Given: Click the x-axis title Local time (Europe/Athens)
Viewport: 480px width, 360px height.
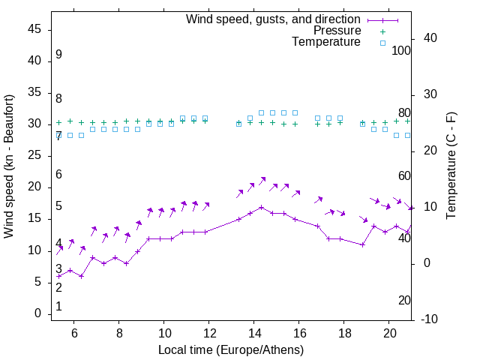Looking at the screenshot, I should (x=231, y=350).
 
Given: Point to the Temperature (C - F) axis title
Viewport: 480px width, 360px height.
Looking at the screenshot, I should (x=451, y=166).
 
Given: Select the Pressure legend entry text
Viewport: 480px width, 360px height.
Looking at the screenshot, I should (x=337, y=31).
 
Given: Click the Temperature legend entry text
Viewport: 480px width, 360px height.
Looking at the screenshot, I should (x=326, y=42).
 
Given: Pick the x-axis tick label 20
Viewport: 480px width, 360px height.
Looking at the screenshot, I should (x=389, y=333).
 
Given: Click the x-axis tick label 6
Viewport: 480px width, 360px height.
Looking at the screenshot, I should (x=74, y=333).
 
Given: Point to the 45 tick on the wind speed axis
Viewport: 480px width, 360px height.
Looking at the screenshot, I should (x=34, y=29).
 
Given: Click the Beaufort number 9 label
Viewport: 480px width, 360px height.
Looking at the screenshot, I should (x=58, y=55).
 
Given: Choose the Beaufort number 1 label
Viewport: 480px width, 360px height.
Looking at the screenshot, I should (x=58, y=306).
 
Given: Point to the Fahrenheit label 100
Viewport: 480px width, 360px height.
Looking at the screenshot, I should (x=402, y=50).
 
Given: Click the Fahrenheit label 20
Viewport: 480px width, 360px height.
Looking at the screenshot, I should (x=404, y=301).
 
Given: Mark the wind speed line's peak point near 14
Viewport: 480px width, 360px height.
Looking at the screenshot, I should (x=261, y=207).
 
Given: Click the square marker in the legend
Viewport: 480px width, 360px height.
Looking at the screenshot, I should (x=382, y=43).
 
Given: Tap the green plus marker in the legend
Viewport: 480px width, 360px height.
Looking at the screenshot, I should (x=382, y=31).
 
